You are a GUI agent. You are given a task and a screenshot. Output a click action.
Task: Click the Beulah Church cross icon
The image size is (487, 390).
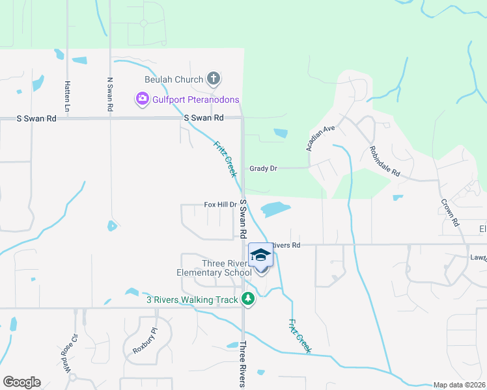pos(213,79)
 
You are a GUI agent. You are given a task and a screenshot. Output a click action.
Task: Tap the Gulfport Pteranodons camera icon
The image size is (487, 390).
pos(141,99)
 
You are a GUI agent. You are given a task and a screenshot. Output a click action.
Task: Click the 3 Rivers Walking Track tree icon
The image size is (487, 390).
pos(247,298)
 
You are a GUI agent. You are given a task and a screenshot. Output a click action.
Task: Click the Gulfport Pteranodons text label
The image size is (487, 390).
pos(196,100)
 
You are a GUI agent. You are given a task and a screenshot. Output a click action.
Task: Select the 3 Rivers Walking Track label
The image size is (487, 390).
pos(193,299)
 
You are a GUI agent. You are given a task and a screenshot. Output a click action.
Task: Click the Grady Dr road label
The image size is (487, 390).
pos(263,168)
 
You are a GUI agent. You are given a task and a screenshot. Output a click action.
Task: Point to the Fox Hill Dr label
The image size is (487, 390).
pos(220,204)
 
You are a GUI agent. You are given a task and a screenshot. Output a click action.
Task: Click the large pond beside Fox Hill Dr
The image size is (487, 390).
pos(275,209)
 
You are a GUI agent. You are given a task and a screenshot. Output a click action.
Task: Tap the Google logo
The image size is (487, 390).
pos(21,382)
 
